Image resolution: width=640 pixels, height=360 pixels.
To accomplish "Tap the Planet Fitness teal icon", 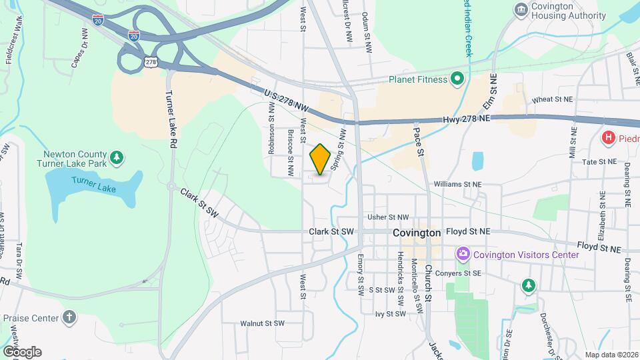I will [457, 80].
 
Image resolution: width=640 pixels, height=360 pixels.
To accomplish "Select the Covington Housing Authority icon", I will [521, 9].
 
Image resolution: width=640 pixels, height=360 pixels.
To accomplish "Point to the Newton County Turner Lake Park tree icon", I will [117, 157].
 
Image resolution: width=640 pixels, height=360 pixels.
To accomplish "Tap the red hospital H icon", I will [608, 138].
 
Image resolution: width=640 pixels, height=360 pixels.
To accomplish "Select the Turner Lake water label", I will [94, 185].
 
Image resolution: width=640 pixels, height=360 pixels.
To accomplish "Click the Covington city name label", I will [417, 233].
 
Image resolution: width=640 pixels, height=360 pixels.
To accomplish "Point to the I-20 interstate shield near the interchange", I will [134, 35].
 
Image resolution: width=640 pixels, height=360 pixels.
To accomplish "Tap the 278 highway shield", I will [151, 62].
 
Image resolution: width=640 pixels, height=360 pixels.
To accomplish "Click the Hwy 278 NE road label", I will [466, 119].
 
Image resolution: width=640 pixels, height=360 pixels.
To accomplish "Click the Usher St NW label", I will [388, 217].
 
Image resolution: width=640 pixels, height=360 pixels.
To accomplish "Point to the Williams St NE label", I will [457, 183].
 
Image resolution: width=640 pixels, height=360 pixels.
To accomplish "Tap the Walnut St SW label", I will [263, 323].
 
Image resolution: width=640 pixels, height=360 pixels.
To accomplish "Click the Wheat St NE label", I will [552, 100].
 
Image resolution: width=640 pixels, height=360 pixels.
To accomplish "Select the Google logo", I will [21, 351].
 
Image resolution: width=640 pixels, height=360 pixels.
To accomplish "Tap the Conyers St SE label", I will [477, 273].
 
